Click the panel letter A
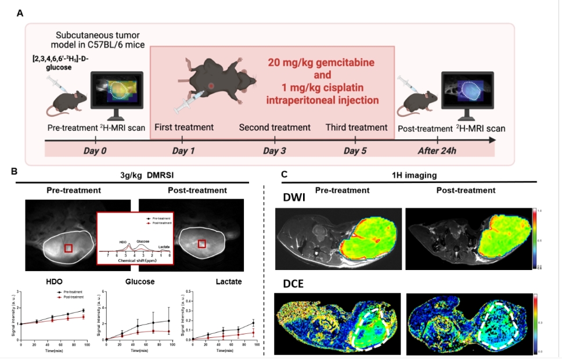20,13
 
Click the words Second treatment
275,127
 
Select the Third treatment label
356,127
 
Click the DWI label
290,197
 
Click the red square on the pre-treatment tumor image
68,248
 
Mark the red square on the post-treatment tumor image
201,243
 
